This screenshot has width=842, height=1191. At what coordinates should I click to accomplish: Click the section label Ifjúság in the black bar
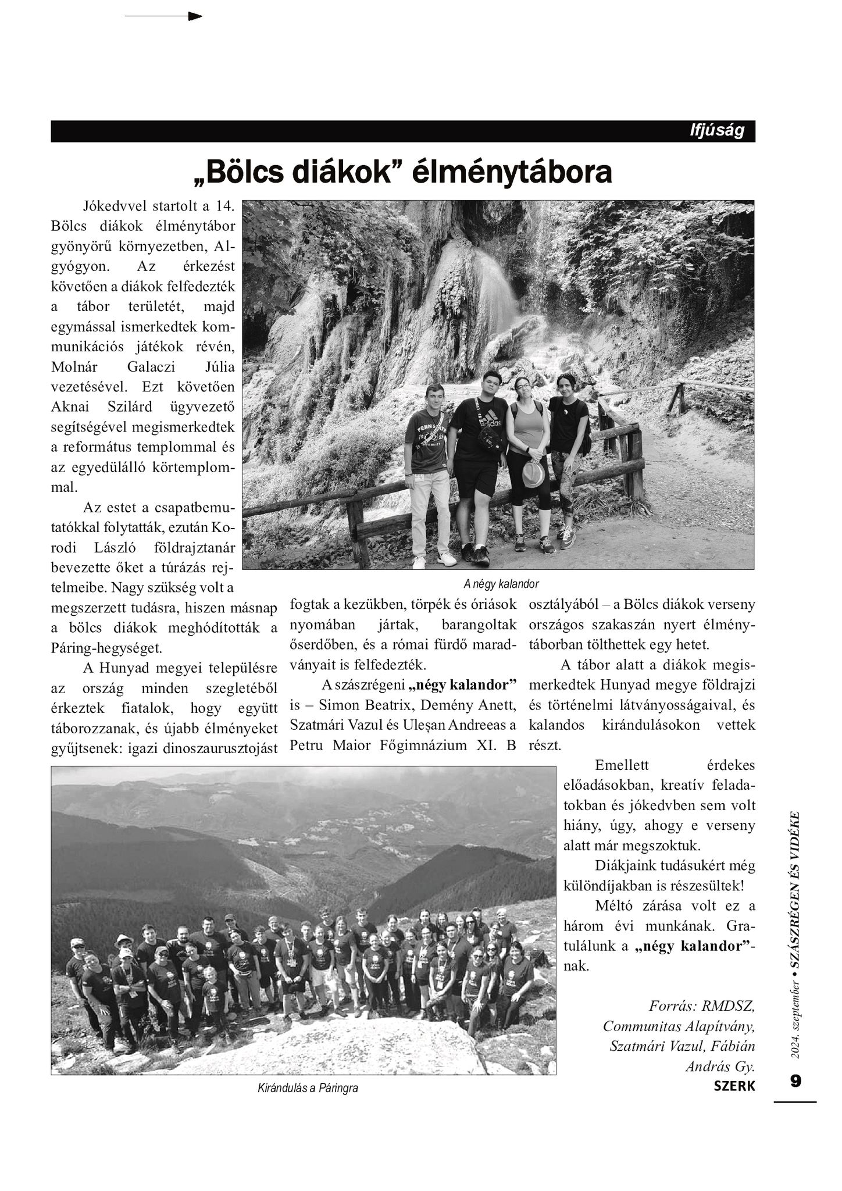pyautogui.click(x=716, y=131)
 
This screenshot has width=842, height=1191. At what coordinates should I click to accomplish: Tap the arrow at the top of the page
pyautogui.click(x=163, y=16)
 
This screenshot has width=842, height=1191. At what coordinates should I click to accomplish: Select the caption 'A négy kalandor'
pyautogui.click(x=501, y=584)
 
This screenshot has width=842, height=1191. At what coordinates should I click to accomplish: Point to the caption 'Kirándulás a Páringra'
pyautogui.click(x=308, y=1088)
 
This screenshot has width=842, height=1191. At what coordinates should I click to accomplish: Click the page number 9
pyautogui.click(x=795, y=1081)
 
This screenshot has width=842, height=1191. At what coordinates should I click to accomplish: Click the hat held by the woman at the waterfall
pyautogui.click(x=533, y=474)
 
